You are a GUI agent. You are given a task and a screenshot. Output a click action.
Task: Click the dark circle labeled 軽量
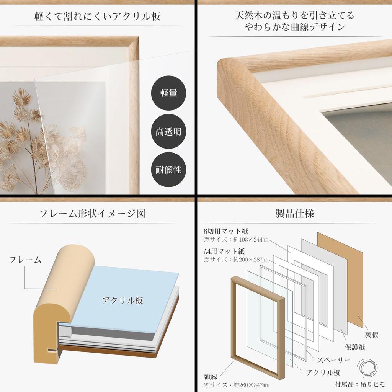pos(168,93)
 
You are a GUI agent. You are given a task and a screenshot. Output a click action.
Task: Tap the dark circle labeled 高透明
pos(168,132)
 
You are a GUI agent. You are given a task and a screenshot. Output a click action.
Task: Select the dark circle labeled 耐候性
pos(168,170)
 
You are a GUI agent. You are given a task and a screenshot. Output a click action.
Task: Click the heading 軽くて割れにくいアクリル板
pos(97,16)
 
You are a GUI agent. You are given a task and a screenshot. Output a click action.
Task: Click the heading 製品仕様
pos(294,214)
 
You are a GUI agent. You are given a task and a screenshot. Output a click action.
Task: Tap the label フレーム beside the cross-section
pos(25,260)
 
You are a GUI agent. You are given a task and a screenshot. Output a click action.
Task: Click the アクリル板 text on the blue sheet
pos(122,301)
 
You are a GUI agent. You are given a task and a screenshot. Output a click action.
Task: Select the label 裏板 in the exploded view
pos(371,335)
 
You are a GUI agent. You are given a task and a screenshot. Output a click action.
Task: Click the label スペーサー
pos(333,360)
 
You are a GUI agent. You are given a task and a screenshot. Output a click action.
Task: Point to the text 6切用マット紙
pos(226,231)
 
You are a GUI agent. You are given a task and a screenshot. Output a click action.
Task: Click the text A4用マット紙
pos(224,251)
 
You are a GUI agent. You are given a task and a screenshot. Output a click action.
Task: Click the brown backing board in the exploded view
pos(340,279)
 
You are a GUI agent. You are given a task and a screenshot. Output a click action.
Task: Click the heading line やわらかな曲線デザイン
pos(294,27)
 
